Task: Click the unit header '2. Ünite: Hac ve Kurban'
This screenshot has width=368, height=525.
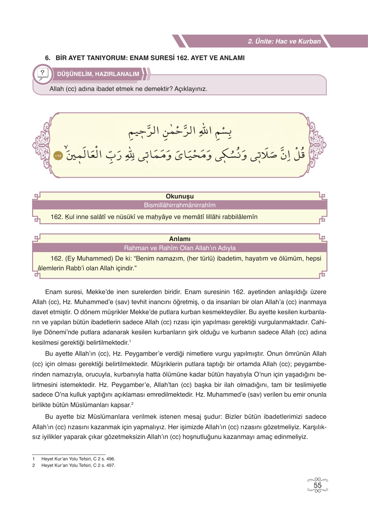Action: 284,41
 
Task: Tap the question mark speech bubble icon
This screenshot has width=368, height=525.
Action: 42,74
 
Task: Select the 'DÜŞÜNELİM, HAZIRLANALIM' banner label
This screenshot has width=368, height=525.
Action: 98,74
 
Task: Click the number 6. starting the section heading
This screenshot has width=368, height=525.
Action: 48,58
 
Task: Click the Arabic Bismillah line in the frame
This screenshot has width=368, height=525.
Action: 180,131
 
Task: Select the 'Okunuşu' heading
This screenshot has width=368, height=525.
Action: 179,196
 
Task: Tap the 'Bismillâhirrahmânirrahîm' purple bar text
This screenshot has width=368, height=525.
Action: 179,205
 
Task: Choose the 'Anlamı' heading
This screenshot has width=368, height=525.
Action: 179,239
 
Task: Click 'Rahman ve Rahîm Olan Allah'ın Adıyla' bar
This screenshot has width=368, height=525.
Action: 179,248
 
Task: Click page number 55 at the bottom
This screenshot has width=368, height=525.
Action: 317,485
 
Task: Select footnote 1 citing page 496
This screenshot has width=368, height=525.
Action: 78,459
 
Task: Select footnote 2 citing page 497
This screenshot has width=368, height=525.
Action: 78,465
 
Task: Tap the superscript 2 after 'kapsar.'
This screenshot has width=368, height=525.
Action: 132,403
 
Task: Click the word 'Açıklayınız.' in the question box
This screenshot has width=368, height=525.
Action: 190,89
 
